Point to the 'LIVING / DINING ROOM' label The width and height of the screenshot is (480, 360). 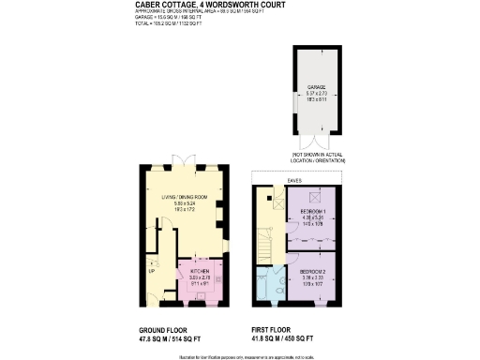(182, 197)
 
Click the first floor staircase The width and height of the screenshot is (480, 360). (267, 225)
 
